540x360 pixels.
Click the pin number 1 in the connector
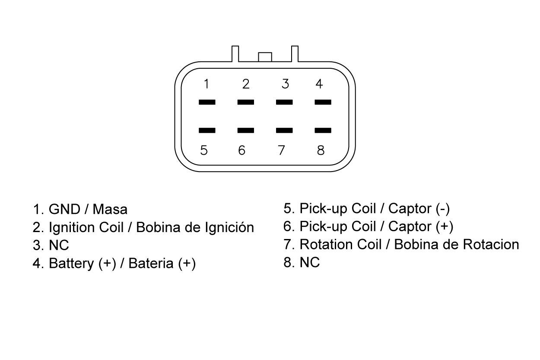206,84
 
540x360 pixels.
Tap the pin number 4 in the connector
319,84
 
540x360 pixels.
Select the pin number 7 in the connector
281,150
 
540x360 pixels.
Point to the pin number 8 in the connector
321,150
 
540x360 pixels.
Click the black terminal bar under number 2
246,102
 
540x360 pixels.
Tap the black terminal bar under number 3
284,102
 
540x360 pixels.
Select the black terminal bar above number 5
207,131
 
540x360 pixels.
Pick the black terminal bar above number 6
246,131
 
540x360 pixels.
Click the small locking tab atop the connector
265,57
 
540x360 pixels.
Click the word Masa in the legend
110,209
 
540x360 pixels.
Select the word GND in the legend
64,209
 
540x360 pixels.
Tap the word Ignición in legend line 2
229,227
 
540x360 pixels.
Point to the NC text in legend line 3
59,245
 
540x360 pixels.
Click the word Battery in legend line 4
71,263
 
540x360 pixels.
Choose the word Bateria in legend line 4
151,263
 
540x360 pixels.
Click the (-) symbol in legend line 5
443,209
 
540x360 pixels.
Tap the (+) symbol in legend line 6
445,226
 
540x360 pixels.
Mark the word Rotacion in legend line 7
491,245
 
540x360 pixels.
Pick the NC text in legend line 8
310,262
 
